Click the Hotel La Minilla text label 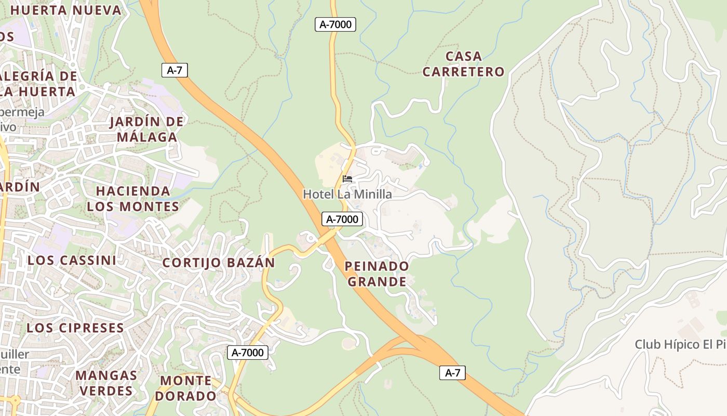[x=347, y=194]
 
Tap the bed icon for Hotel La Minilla [x=347, y=179]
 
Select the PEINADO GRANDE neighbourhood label [x=377, y=274]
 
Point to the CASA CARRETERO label [x=463, y=64]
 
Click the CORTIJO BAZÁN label [x=219, y=263]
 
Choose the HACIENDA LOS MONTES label [x=133, y=199]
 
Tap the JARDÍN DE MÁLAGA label [x=147, y=129]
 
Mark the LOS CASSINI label [x=72, y=260]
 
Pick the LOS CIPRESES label [x=75, y=328]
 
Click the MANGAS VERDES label [x=106, y=383]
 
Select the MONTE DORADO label [x=186, y=388]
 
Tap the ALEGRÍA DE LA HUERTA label [x=39, y=84]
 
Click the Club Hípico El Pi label [x=680, y=344]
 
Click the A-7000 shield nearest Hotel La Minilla [x=342, y=219]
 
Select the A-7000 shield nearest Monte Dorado [x=248, y=353]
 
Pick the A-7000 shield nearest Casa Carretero [x=335, y=24]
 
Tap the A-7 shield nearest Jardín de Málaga [x=174, y=70]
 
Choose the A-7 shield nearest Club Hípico [x=452, y=373]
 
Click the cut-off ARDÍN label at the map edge [x=20, y=186]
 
